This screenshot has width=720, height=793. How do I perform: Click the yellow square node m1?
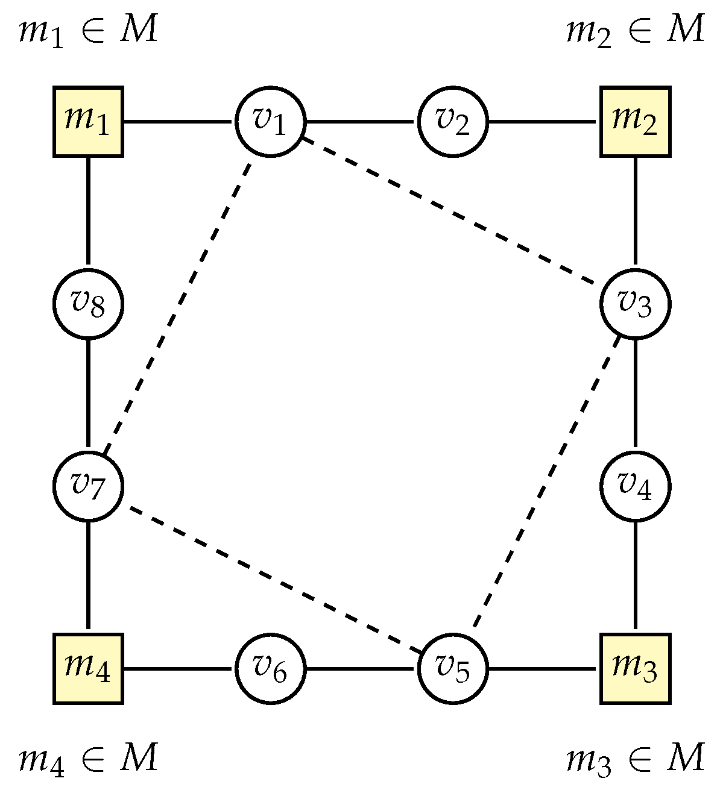click(x=89, y=122)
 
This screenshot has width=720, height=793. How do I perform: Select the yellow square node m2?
click(x=635, y=122)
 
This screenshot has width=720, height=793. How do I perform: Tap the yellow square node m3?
click(x=635, y=668)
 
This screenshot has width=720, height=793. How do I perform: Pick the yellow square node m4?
click(x=89, y=668)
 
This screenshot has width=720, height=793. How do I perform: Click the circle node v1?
click(x=270, y=122)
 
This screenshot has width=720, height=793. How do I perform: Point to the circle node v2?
click(x=453, y=122)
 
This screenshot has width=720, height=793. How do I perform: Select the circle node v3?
click(x=635, y=304)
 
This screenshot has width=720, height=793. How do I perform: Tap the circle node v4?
click(x=635, y=486)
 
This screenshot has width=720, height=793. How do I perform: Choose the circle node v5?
click(x=453, y=668)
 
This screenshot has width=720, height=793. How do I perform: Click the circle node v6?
click(x=270, y=668)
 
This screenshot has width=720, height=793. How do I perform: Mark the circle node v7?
click(x=89, y=486)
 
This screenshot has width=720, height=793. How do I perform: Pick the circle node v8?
click(x=89, y=304)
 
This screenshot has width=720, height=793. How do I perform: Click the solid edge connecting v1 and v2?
click(x=361, y=122)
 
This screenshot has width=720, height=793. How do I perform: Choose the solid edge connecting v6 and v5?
click(x=361, y=668)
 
